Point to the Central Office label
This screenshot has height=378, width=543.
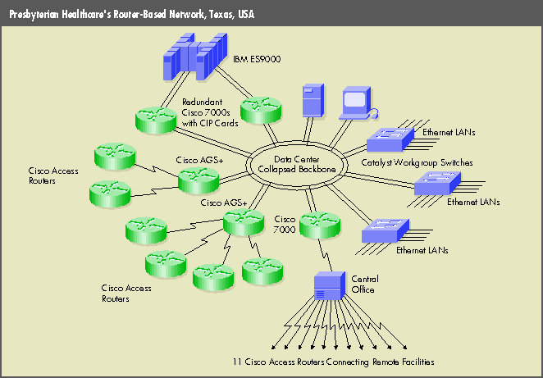coord(363,284)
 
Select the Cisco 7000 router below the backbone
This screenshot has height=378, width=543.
coord(314,225)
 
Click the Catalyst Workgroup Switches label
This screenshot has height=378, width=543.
coord(417,163)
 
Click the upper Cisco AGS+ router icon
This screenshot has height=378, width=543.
coord(198,178)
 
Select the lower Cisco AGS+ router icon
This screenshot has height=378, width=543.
coord(244,222)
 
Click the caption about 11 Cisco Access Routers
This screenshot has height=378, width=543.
coord(333,362)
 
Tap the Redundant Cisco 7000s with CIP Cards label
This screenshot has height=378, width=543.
coord(210,113)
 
